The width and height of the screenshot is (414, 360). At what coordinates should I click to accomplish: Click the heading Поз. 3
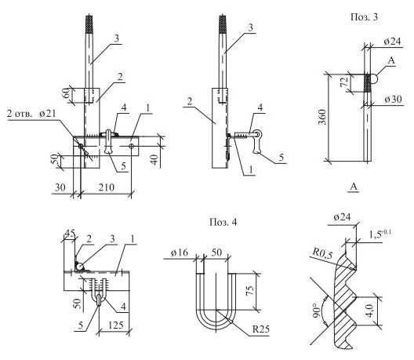(x=364, y=17)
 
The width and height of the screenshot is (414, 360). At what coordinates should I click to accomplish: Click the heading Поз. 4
(x=223, y=222)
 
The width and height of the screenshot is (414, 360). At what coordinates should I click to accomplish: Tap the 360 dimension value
(x=322, y=117)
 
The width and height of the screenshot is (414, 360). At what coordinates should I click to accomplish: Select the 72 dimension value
(x=344, y=82)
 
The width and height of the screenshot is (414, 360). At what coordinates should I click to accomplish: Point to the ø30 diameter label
(x=393, y=100)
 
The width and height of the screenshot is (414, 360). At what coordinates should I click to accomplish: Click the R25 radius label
(x=261, y=329)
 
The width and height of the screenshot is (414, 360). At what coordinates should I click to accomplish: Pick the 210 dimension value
(x=107, y=187)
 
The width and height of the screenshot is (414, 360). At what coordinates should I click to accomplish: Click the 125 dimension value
(x=116, y=325)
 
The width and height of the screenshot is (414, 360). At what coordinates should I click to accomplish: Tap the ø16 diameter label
(x=180, y=253)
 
